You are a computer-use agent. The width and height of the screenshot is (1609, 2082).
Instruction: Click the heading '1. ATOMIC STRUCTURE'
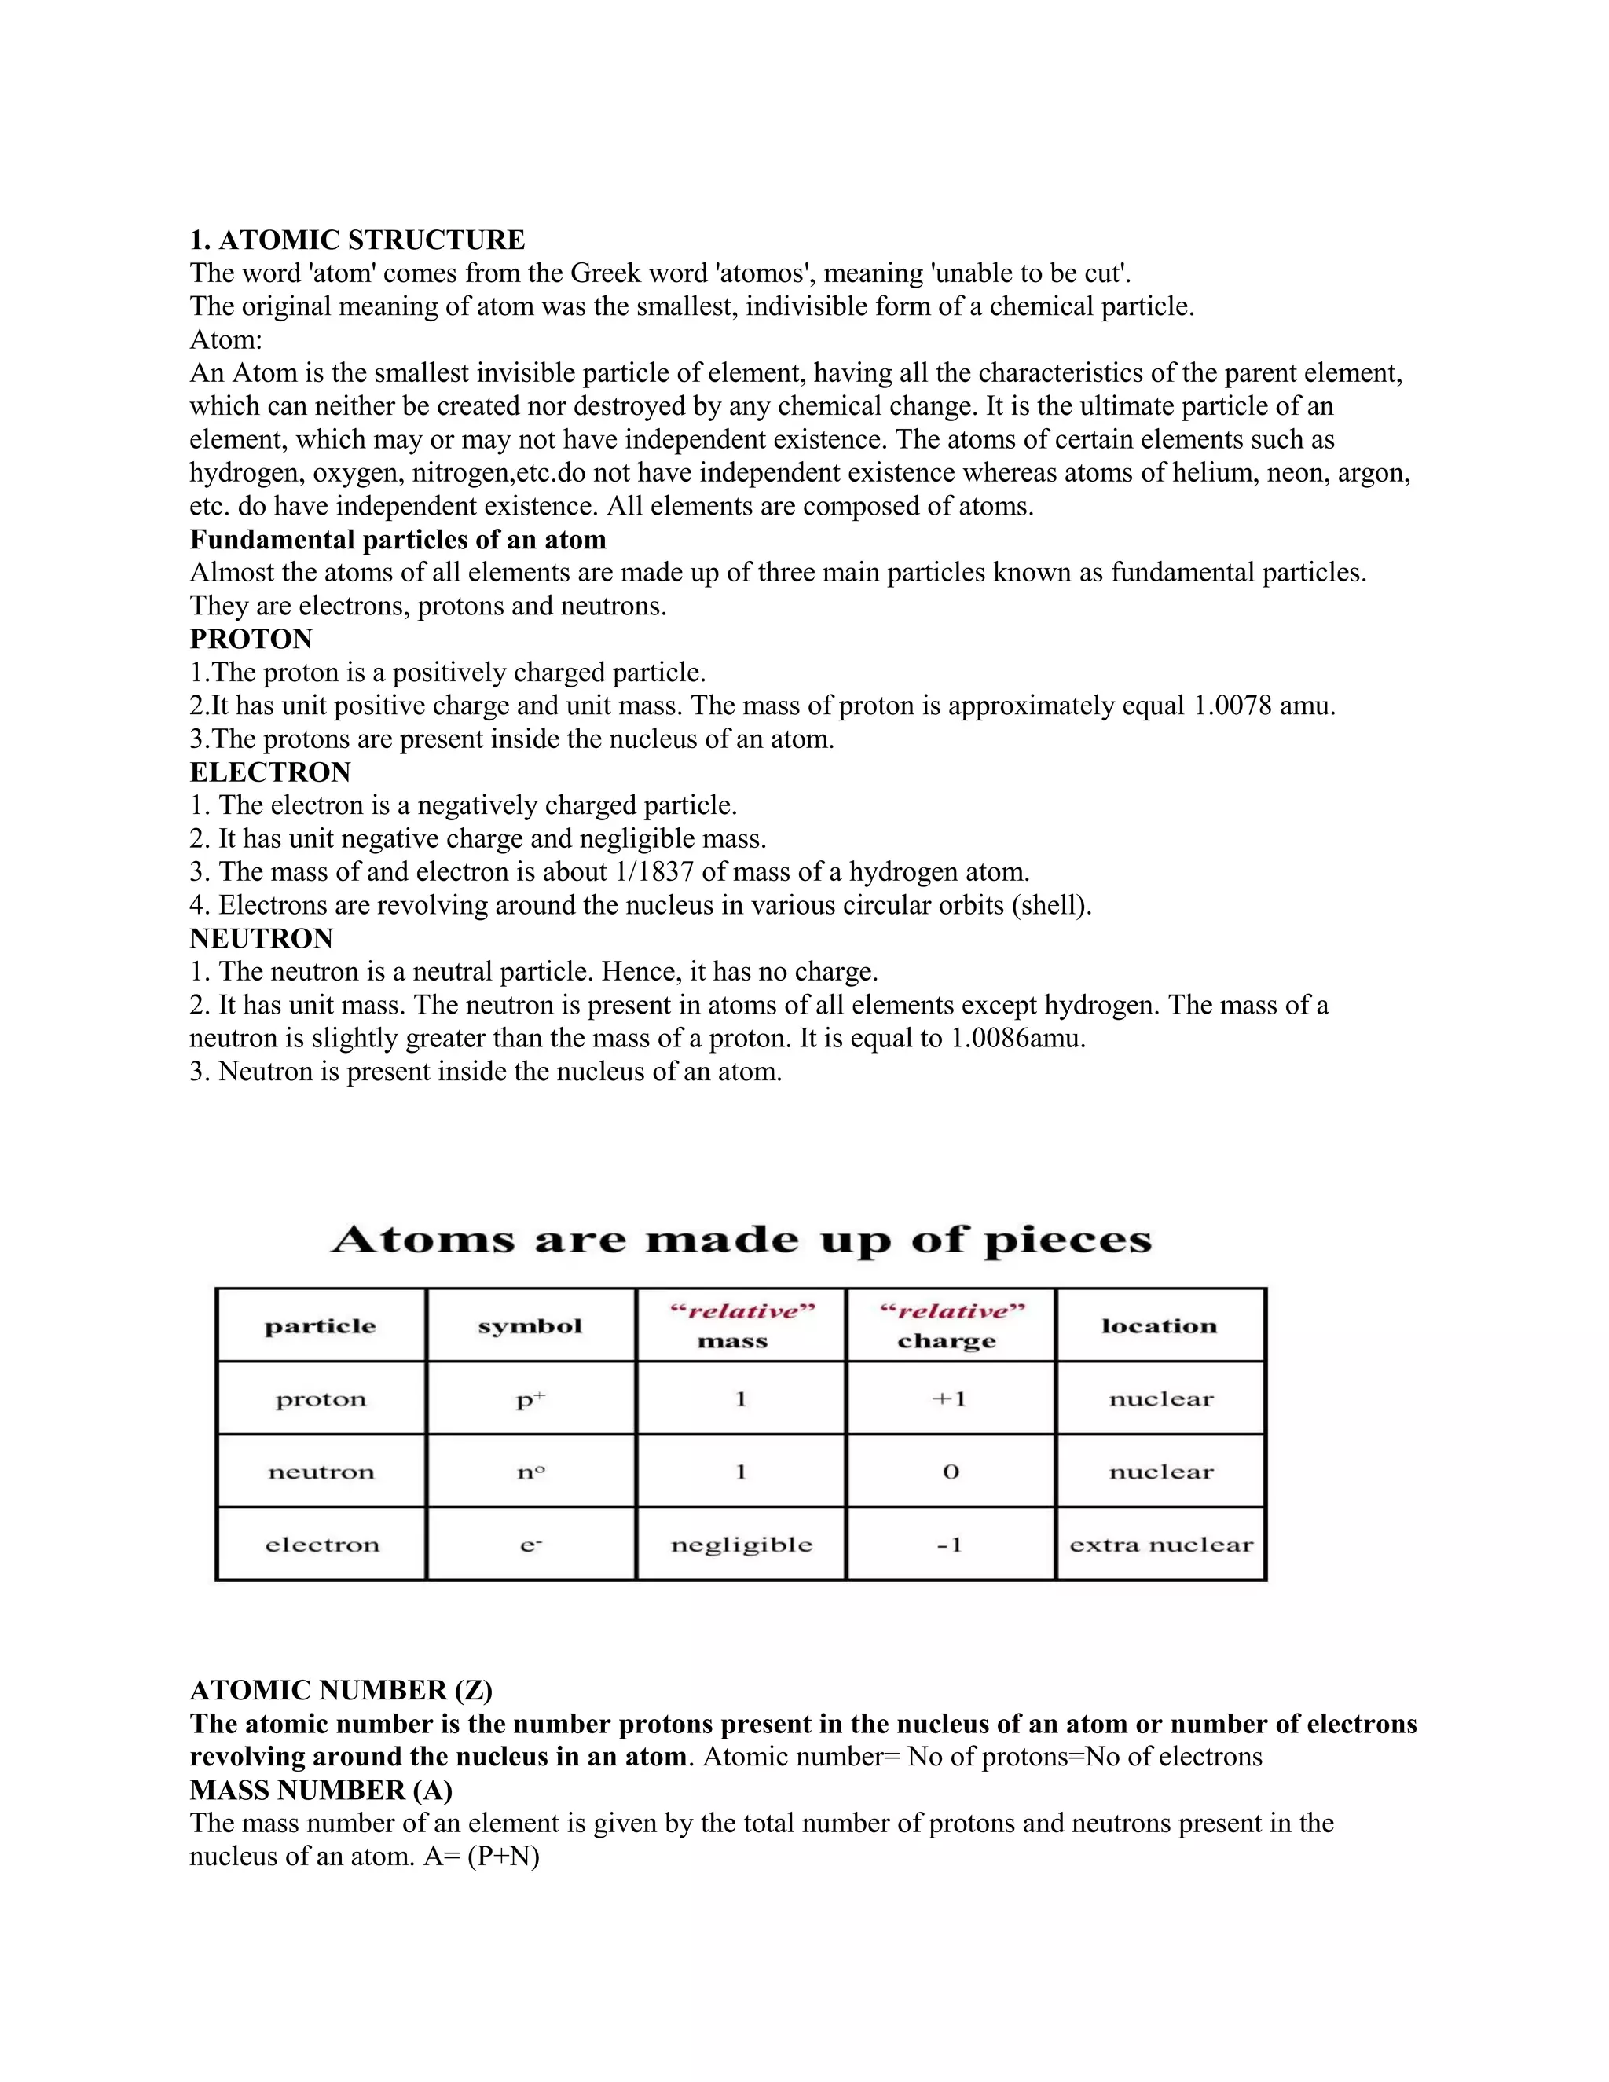tap(357, 240)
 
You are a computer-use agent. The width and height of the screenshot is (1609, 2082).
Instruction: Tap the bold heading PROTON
tap(251, 639)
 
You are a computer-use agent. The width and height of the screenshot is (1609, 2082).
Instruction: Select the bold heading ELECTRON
tap(269, 772)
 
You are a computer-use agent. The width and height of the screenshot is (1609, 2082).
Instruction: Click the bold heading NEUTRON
tap(261, 939)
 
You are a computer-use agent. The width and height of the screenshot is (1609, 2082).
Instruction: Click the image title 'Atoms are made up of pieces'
tap(741, 1239)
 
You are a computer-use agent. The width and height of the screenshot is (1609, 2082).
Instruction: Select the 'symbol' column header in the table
tap(530, 1326)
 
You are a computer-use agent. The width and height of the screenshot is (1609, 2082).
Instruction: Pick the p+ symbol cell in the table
tap(530, 1399)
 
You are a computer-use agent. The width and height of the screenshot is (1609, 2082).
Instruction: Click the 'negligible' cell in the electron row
tap(741, 1545)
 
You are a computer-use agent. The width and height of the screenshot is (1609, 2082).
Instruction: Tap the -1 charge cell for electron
tap(949, 1545)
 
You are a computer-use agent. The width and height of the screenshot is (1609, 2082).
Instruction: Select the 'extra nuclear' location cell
tap(1160, 1545)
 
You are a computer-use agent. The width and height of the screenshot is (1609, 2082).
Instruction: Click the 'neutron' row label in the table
tap(321, 1472)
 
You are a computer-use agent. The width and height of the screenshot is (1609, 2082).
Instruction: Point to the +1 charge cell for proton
tap(949, 1399)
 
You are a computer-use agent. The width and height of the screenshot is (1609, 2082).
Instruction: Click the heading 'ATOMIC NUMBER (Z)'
tap(340, 1690)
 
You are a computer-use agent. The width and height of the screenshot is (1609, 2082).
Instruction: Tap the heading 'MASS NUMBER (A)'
tap(321, 1791)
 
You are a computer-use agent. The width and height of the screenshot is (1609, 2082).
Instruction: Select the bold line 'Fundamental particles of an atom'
tap(398, 540)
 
